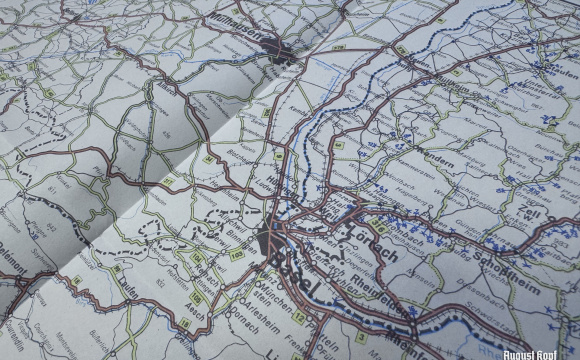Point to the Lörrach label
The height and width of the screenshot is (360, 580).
pos(376,238)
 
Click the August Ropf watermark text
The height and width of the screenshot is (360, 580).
pos(545,353)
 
